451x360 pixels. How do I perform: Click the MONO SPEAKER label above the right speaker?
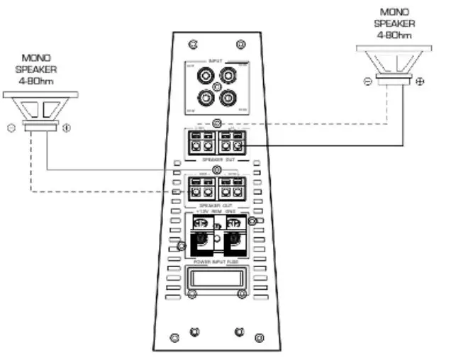pos(395,22)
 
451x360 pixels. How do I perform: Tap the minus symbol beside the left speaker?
pos(10,129)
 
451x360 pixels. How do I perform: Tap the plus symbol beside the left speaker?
pos(67,129)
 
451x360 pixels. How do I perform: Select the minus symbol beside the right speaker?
pos(368,82)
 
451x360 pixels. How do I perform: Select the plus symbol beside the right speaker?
pos(421,82)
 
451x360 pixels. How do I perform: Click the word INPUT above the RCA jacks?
pos(216,61)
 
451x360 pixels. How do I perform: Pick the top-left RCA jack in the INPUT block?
pos(204,74)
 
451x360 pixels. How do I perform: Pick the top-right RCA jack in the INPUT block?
pos(229,74)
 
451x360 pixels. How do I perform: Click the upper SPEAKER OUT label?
pos(216,159)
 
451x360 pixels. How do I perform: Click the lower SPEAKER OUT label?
pos(216,206)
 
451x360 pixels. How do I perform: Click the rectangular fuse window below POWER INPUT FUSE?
pos(216,280)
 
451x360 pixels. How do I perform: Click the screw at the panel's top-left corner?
pos(192,44)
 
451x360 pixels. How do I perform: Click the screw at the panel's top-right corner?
pos(241,44)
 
